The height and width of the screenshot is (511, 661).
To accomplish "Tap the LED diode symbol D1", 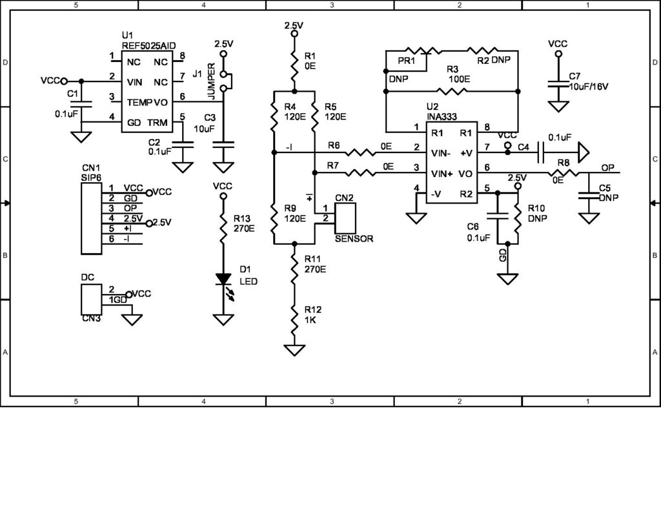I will [223, 279].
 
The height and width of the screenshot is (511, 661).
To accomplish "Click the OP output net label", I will [607, 168].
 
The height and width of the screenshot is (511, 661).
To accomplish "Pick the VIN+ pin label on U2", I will [442, 174].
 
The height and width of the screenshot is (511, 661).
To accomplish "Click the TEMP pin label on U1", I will [139, 102].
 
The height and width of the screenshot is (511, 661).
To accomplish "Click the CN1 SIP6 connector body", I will [91, 218].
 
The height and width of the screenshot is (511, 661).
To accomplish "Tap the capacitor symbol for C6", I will [496, 216].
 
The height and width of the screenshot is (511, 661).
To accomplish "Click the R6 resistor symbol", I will [360, 154].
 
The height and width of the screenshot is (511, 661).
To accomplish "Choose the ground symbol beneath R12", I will [294, 351].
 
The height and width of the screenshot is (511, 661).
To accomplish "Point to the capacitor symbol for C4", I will [541, 154].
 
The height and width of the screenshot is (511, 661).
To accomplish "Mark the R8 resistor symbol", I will [562, 174].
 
